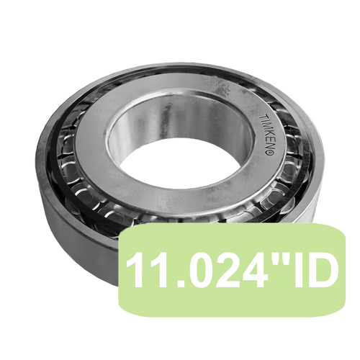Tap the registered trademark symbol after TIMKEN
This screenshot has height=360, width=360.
pos(269,152)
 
